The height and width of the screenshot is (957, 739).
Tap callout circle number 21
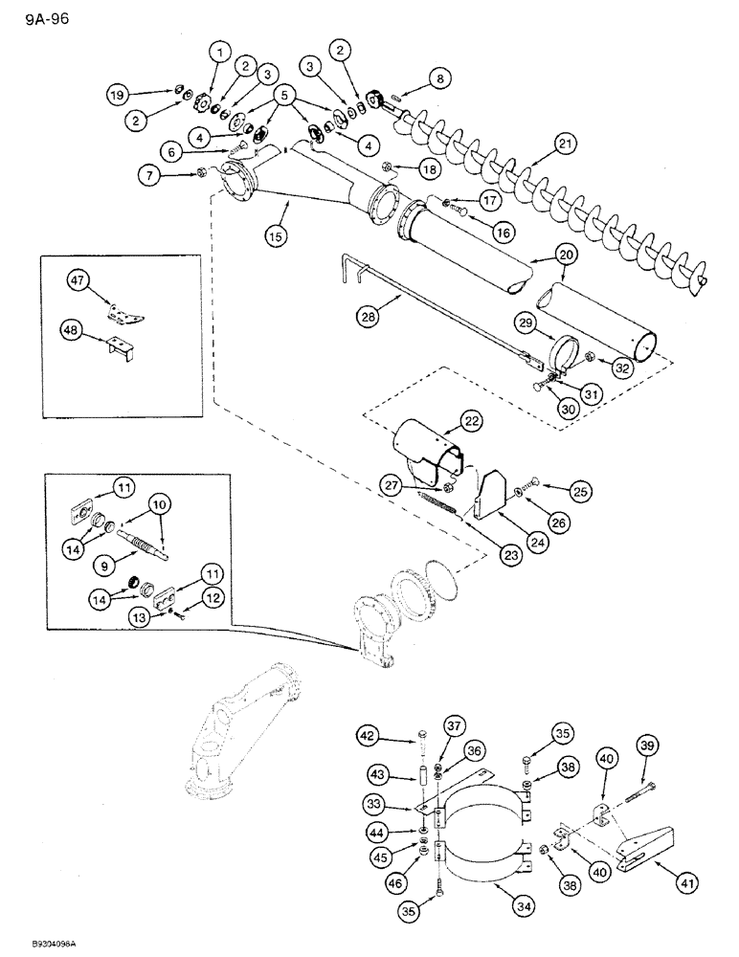click(565, 145)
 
